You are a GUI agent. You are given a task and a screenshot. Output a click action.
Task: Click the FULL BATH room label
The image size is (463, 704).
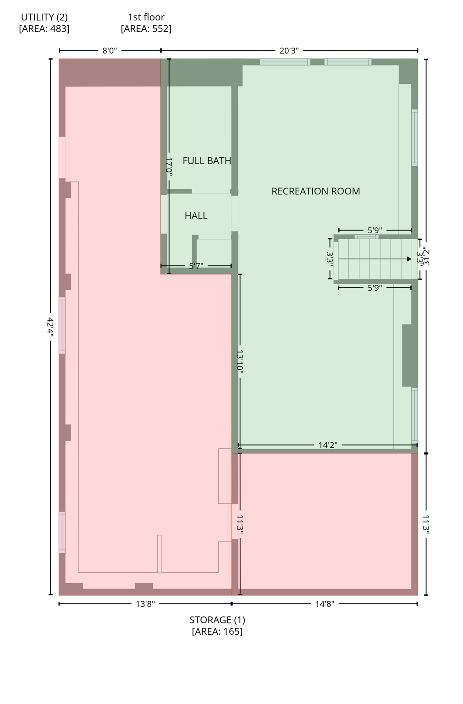[207, 161]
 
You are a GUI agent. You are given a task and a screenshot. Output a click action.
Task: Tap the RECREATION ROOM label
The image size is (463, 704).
[315, 191]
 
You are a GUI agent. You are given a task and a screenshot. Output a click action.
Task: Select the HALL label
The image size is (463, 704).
[196, 215]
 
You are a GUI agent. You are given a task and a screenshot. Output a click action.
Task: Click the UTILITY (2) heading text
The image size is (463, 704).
[44, 17]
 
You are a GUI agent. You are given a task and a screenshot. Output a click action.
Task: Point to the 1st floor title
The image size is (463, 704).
[146, 17]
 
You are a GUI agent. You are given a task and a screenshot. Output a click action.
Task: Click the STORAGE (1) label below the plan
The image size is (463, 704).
[217, 620]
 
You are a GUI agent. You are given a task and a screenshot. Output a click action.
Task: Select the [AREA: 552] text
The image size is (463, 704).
[146, 28]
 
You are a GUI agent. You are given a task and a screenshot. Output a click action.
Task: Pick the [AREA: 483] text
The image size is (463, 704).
[44, 28]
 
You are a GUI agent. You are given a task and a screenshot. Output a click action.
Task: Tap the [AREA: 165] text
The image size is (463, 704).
[217, 632]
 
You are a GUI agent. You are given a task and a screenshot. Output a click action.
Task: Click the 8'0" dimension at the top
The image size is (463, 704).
[110, 50]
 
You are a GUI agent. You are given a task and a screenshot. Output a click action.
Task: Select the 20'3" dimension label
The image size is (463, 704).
[289, 50]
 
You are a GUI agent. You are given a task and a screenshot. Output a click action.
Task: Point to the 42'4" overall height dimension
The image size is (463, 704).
[50, 327]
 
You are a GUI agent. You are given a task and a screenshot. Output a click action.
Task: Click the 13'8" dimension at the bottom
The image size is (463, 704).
[145, 604]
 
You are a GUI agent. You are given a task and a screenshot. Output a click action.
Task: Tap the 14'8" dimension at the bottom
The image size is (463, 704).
[325, 604]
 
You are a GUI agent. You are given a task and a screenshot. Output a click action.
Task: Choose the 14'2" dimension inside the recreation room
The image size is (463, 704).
[328, 445]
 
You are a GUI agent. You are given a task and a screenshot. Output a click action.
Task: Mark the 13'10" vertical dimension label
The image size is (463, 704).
[240, 361]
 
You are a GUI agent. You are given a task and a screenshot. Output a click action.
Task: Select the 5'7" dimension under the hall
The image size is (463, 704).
[196, 266]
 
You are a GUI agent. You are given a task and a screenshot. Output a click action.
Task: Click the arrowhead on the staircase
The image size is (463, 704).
[409, 259]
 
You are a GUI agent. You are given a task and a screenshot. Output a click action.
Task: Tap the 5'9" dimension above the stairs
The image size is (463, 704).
[375, 230]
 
